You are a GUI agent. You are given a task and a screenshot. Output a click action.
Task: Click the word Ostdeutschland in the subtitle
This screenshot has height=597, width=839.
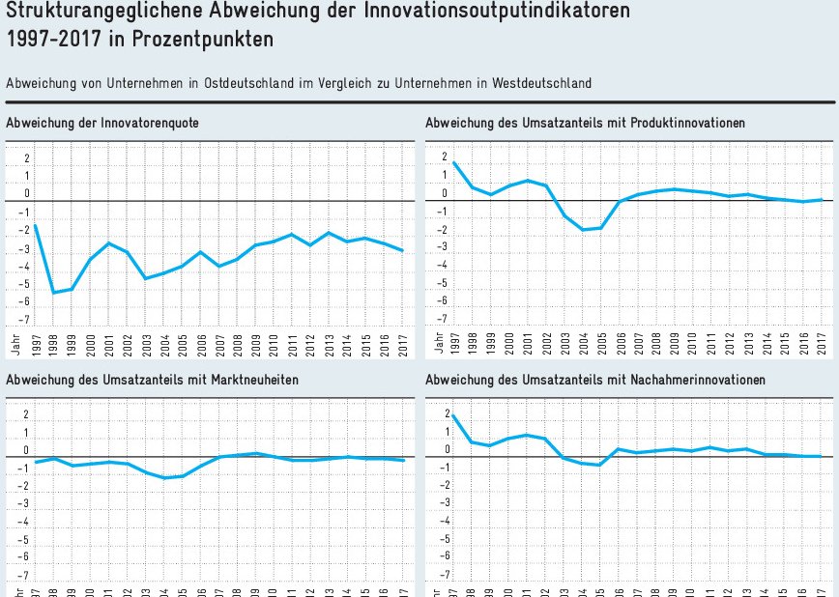click(247, 84)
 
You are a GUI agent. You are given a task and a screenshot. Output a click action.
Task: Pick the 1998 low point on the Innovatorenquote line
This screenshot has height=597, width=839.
click(53, 293)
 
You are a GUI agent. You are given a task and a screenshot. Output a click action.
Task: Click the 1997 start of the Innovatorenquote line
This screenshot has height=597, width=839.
click(36, 226)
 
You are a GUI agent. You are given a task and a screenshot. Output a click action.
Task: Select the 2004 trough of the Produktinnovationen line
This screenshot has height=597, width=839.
click(584, 230)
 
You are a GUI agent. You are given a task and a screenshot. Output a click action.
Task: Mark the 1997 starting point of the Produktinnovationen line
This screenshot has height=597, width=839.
click(453, 162)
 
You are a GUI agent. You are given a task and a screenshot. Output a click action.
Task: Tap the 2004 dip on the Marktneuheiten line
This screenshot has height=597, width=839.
click(165, 478)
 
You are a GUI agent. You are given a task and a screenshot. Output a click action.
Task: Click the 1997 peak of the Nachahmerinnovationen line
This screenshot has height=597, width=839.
click(453, 415)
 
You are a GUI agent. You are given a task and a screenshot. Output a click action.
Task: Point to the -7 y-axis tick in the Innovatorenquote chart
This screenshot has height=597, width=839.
click(26, 319)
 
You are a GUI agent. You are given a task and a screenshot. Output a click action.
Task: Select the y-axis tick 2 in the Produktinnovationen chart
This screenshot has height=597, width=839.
click(445, 157)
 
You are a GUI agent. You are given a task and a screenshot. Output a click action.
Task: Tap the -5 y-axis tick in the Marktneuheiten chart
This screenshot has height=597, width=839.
click(26, 539)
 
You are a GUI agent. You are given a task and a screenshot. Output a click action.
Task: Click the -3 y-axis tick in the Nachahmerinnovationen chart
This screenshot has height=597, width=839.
click(445, 503)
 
